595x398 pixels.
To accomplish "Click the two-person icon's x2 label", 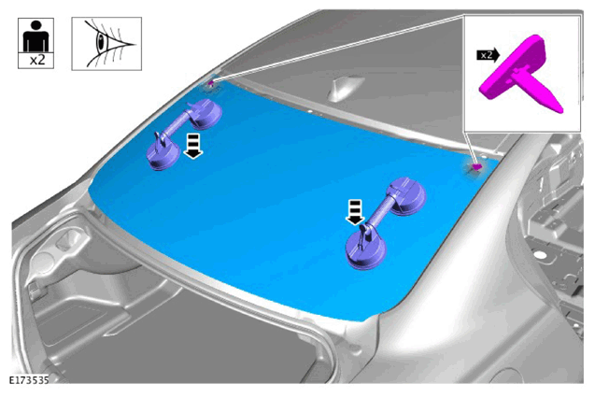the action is [36, 61].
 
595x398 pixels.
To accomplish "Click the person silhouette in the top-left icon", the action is [35, 36].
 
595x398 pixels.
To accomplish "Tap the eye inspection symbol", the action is [106, 44].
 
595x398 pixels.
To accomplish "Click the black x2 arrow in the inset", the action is [488, 55].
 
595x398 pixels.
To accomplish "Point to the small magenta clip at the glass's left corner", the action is [211, 82].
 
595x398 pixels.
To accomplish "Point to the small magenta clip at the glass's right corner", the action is [476, 166].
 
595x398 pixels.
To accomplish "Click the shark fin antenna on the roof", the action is [344, 89].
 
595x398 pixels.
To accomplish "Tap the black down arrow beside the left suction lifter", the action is [193, 146].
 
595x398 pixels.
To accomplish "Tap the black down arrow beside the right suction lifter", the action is [355, 212].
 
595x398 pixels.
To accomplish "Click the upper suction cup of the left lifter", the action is [205, 114].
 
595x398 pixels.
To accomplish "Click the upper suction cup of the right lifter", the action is [406, 197].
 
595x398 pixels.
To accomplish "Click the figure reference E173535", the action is [29, 380].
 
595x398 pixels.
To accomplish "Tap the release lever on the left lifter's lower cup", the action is [159, 140].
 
